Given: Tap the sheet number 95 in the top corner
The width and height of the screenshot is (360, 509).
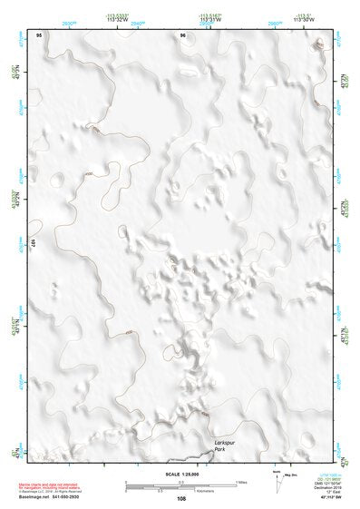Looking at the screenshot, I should click(x=39, y=35).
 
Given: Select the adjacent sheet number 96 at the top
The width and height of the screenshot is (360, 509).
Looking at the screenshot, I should click(x=182, y=35).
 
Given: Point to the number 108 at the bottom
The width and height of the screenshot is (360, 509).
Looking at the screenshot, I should click(x=180, y=499).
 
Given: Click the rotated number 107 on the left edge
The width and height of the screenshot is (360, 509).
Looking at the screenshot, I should click(x=33, y=243).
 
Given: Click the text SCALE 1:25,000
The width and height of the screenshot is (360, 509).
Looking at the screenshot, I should click(x=180, y=474).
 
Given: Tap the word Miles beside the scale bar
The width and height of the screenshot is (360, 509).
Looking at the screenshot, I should click(x=241, y=481).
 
